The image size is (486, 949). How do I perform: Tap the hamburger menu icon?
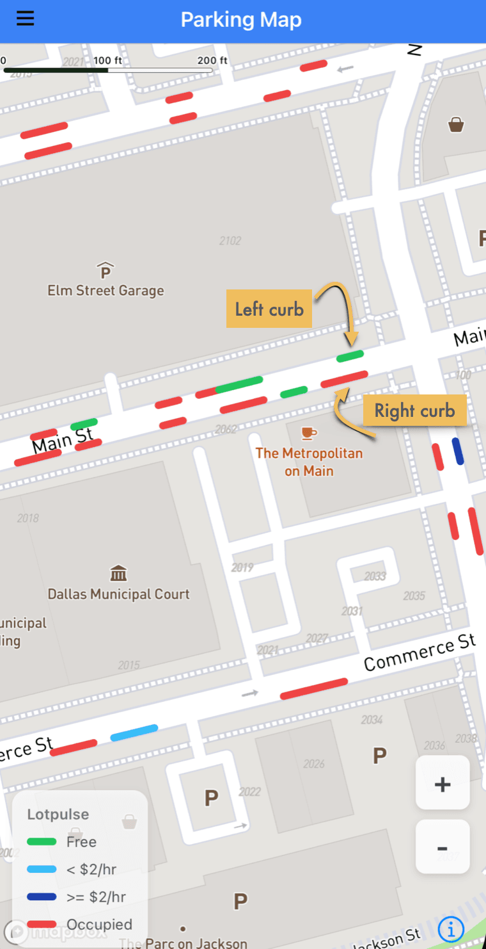coord(25,19)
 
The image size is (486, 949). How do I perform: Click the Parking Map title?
coord(241,20)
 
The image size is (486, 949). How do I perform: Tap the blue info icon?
coord(451,928)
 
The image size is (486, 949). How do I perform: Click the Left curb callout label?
coord(269,310)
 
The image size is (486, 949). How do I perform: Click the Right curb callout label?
coord(414,410)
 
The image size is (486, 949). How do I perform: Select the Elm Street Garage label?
coord(106,290)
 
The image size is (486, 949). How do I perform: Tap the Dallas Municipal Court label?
coord(118,594)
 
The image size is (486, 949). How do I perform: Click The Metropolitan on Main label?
coord(309,462)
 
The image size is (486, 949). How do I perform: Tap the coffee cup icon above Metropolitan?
coord(309,434)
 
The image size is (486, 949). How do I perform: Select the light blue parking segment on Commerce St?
coord(134,733)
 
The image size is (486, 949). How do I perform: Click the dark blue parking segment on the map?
coord(458,451)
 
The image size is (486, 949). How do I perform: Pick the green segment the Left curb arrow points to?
coord(350,355)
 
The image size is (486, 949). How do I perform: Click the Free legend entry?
coord(81,841)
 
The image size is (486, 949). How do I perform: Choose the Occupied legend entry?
coord(99,924)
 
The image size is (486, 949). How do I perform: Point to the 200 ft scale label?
coord(212,60)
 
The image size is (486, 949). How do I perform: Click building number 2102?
coord(230,241)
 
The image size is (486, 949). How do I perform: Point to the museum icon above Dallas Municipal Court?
coord(118,572)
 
